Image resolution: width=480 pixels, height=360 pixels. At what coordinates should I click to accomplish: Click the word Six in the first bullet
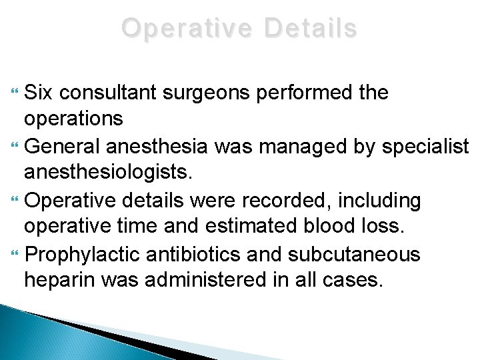tap(39, 93)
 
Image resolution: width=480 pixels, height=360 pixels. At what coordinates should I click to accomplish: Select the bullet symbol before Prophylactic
tap(17, 253)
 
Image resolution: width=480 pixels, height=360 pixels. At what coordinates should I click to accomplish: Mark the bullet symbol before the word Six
tap(17, 93)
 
